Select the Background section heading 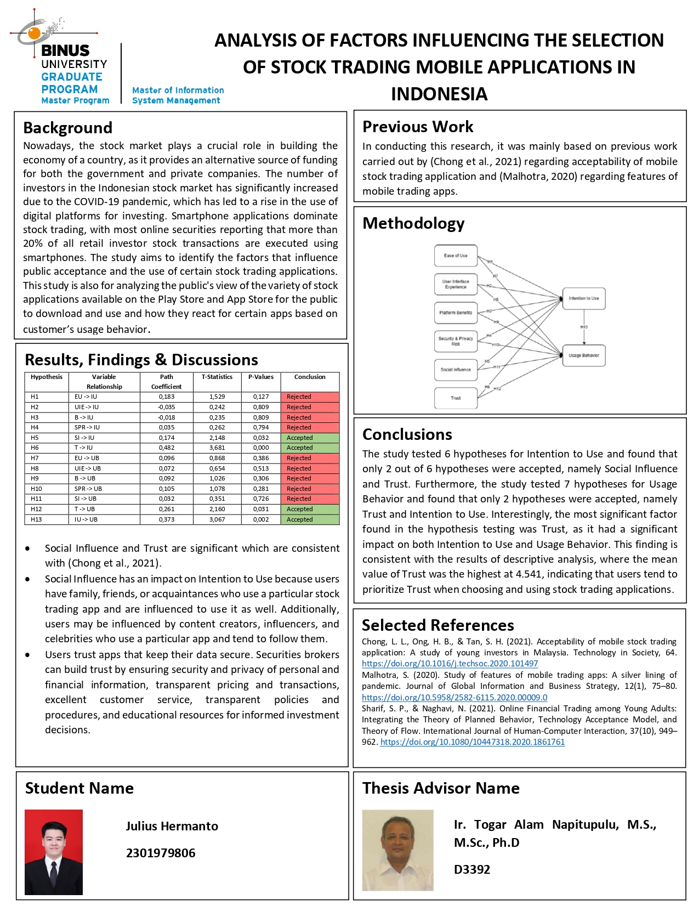click(x=67, y=128)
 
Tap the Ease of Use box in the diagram click(x=456, y=256)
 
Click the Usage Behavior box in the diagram click(x=583, y=355)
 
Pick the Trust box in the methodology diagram click(x=456, y=398)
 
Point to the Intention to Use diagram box click(x=583, y=298)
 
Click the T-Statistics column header click(x=217, y=377)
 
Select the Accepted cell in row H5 click(x=310, y=438)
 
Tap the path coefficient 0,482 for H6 click(x=167, y=448)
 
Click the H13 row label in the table click(x=36, y=519)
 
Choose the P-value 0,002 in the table click(x=261, y=519)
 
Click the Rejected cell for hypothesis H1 click(x=310, y=397)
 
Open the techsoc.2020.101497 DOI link click(x=450, y=664)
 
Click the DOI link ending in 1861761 click(x=472, y=742)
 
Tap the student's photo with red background click(x=54, y=852)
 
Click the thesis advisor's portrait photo click(x=397, y=850)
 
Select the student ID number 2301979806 click(x=161, y=853)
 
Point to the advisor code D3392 click(x=472, y=869)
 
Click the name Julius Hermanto click(x=172, y=826)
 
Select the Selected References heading click(x=437, y=625)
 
